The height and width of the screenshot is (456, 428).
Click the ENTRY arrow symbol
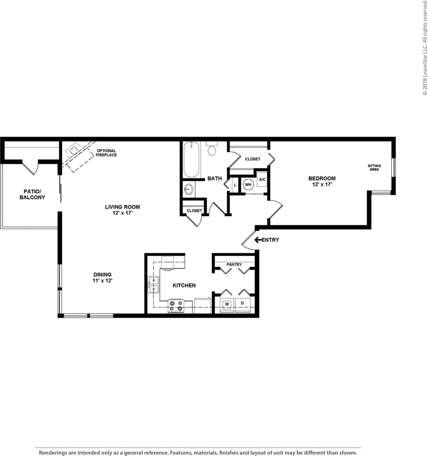tap(257, 240)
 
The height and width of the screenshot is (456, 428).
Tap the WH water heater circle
tap(248, 185)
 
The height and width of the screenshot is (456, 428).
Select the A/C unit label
tap(262, 180)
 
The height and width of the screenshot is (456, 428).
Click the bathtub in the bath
tap(191, 159)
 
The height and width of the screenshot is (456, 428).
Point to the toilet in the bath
tap(212, 149)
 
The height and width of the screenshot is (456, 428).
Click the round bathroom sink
tap(189, 189)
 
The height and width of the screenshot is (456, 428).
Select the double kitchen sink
tap(153, 285)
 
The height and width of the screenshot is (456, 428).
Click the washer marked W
tap(227, 304)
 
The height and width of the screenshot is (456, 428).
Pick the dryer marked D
tap(242, 303)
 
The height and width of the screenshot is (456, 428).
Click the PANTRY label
tap(234, 265)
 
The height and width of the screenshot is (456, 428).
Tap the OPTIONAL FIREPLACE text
tap(106, 153)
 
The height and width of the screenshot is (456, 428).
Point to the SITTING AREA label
tap(374, 168)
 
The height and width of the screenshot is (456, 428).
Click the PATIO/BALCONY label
tap(33, 194)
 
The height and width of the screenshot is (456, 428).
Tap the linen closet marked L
tap(235, 185)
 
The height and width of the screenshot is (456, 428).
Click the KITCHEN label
tap(184, 285)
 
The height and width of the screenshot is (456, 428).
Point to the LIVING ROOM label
tap(122, 207)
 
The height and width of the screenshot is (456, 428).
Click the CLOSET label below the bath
tap(194, 211)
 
